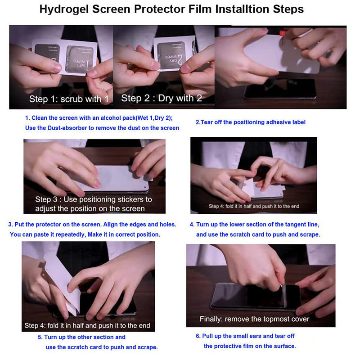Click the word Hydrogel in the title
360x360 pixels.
(64, 9)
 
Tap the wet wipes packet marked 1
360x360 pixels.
(79, 59)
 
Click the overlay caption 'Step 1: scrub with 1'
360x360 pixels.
(69, 99)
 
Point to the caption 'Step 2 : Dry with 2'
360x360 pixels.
(162, 98)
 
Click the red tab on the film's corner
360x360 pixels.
(282, 33)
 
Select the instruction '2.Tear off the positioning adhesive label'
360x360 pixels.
(250, 122)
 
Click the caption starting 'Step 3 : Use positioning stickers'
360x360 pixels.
(94, 204)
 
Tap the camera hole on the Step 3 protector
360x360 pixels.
(145, 187)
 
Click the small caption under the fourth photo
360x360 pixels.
(254, 206)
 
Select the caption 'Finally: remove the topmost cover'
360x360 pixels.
(254, 319)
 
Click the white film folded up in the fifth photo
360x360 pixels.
(62, 283)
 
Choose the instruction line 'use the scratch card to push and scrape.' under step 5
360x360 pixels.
(102, 347)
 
